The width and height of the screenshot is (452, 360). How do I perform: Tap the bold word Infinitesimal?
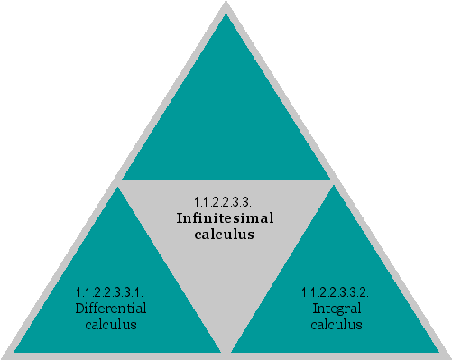click(225, 217)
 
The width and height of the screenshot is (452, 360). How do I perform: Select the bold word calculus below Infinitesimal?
click(225, 234)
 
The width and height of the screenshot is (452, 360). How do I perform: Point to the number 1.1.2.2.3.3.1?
click(111, 291)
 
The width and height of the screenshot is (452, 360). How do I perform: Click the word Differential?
click(111, 308)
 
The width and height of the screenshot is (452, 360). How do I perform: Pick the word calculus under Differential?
click(111, 324)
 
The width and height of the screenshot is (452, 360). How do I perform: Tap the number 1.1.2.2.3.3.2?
click(335, 291)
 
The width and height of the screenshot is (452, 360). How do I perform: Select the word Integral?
click(335, 308)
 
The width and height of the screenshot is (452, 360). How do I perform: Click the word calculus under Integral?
click(335, 324)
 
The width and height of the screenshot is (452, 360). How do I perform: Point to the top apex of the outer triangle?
click(226, 4)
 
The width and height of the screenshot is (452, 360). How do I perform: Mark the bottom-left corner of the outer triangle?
click(4, 355)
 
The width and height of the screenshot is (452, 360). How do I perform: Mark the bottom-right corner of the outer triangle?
click(448, 355)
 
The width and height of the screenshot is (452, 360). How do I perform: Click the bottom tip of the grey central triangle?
click(226, 350)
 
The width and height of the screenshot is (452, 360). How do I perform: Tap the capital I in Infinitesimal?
click(180, 217)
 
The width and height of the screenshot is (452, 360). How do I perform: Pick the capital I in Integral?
click(315, 308)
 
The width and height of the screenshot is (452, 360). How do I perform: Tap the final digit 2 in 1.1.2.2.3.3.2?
click(364, 291)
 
